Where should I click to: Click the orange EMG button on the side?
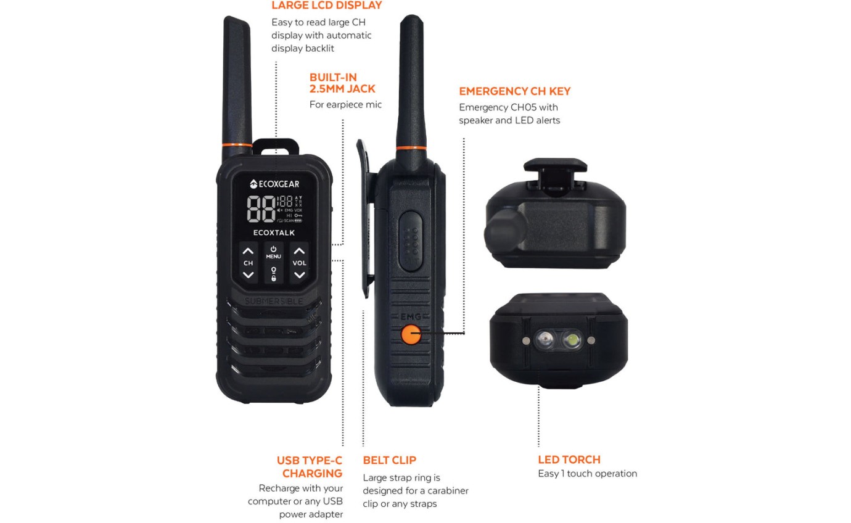pyautogui.click(x=410, y=334)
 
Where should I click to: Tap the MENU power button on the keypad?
pyautogui.click(x=273, y=252)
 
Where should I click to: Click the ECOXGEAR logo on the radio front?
pyautogui.click(x=274, y=184)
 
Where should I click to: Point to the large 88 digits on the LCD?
pyautogui.click(x=260, y=209)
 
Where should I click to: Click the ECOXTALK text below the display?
pyautogui.click(x=274, y=233)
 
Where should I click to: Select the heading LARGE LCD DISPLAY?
pyautogui.click(x=326, y=6)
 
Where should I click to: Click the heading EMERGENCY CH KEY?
pyautogui.click(x=514, y=91)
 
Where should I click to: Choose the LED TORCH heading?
pyautogui.click(x=569, y=459)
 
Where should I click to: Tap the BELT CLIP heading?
pyautogui.click(x=389, y=460)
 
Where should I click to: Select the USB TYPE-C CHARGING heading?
pyautogui.click(x=310, y=467)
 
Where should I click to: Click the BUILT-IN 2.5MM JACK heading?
pyautogui.click(x=342, y=83)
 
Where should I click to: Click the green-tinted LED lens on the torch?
pyautogui.click(x=572, y=339)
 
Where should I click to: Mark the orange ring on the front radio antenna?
pyautogui.click(x=237, y=144)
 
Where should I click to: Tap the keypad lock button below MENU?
pyautogui.click(x=273, y=274)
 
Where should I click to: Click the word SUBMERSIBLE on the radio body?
pyautogui.click(x=274, y=301)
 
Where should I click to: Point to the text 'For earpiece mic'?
pyautogui.click(x=345, y=105)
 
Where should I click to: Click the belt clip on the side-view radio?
pyautogui.click(x=368, y=222)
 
